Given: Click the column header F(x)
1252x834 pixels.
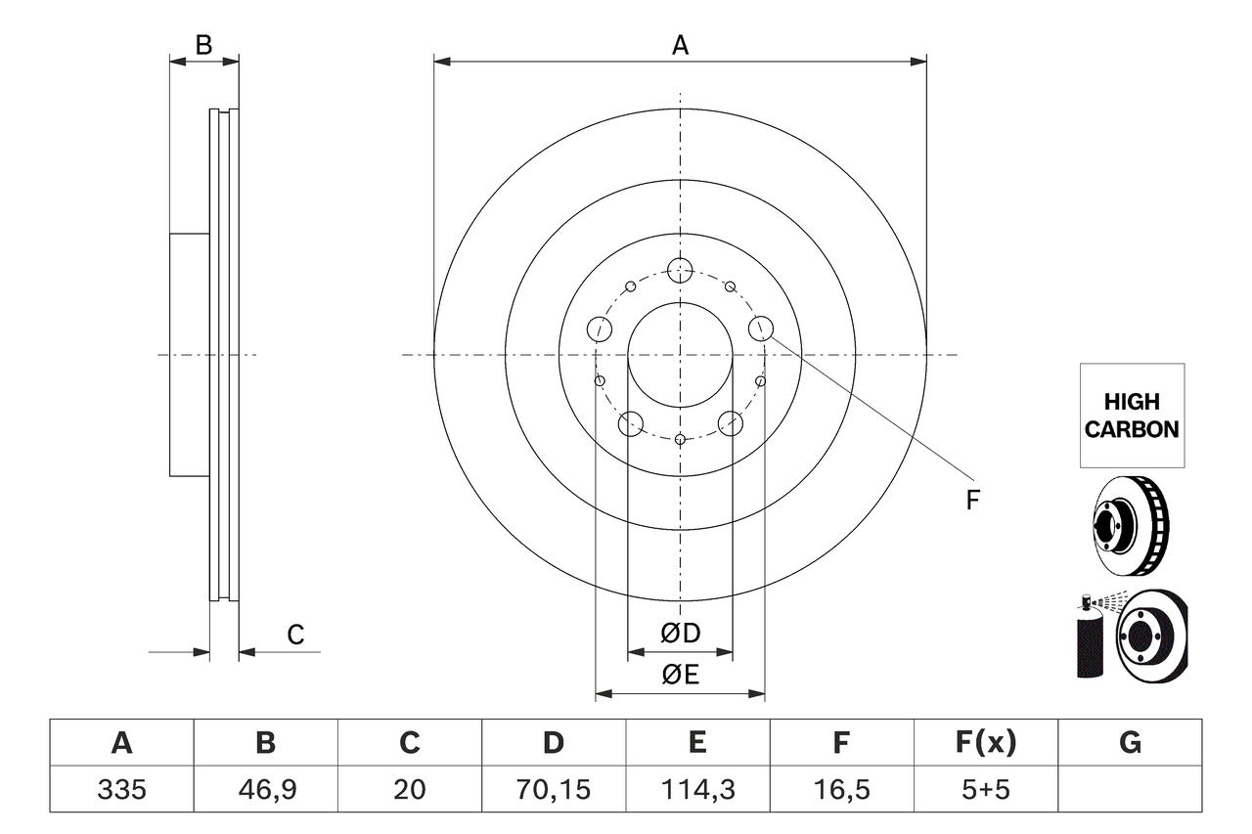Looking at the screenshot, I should tap(985, 744).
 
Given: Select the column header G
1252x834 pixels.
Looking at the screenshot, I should tap(1130, 744).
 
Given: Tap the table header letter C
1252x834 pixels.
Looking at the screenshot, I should tap(409, 744).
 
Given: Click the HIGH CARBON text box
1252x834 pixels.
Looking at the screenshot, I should tap(1132, 416).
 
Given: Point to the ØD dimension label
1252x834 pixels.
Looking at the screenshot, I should tap(681, 634).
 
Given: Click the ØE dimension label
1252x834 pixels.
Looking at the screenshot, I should tap(681, 675).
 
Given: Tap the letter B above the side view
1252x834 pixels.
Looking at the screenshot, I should tap(203, 44).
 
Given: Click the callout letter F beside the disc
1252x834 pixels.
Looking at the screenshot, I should tap(971, 501).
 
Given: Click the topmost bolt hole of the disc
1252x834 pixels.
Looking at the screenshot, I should tap(680, 270).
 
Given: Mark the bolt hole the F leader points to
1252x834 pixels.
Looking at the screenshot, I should tap(761, 329).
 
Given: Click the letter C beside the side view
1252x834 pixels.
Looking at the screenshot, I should tap(295, 636).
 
